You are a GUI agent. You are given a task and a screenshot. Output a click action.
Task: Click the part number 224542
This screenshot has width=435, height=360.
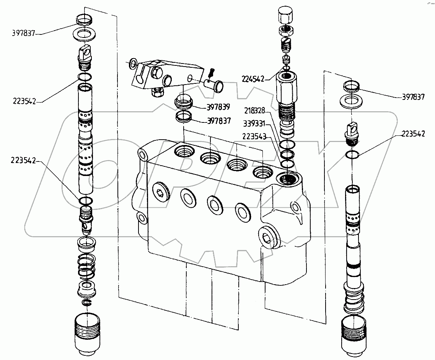(x=253, y=79)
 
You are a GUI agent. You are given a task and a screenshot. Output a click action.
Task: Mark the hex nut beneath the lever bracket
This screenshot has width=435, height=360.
(x=156, y=92)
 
